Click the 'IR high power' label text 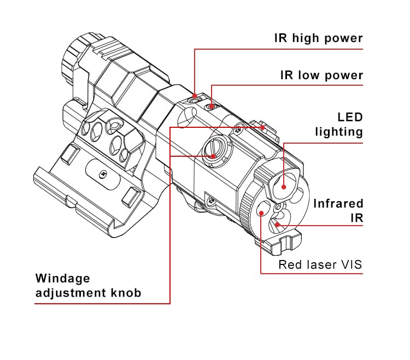pos(318,38)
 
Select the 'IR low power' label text pos(321,75)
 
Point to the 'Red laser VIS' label pos(320,265)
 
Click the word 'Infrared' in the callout pos(338,204)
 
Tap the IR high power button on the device pos(195,99)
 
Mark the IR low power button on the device pos(212,107)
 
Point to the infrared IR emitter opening pos(279,223)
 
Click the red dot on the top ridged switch pos(263,127)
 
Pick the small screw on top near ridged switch pos(238,129)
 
